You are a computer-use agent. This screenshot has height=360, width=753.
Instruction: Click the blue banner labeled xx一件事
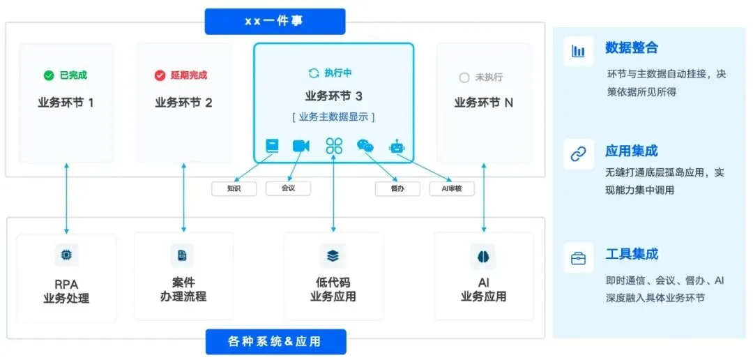click(275, 21)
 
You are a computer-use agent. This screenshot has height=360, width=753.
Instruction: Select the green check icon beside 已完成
click(48, 75)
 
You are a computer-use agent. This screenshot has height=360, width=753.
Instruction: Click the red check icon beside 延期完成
click(160, 75)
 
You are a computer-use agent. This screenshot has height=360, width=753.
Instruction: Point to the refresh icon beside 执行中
click(314, 73)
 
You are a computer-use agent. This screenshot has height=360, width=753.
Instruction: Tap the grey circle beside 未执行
click(464, 78)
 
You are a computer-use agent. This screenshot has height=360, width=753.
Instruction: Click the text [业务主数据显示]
click(333, 117)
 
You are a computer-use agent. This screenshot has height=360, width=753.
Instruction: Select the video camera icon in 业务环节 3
click(301, 146)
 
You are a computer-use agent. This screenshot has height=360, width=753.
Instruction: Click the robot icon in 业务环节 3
click(397, 146)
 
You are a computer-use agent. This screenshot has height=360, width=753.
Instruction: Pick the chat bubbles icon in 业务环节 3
click(365, 146)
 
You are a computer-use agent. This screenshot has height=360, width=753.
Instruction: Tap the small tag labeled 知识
click(234, 188)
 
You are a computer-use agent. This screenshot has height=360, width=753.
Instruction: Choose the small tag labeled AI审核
click(452, 188)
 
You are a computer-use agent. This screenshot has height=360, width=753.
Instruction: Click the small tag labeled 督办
click(397, 188)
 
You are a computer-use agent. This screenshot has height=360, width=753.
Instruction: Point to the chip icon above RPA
click(66, 255)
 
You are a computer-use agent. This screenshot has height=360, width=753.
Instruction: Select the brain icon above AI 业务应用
click(483, 256)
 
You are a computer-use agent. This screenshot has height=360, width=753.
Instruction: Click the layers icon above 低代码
click(333, 256)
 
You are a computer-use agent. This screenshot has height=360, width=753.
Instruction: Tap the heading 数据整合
click(632, 48)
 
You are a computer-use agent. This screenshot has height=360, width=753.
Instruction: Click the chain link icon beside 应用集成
click(578, 154)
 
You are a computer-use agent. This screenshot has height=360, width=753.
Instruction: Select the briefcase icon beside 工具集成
click(578, 258)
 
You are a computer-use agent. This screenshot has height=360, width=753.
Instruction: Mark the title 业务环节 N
click(483, 103)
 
